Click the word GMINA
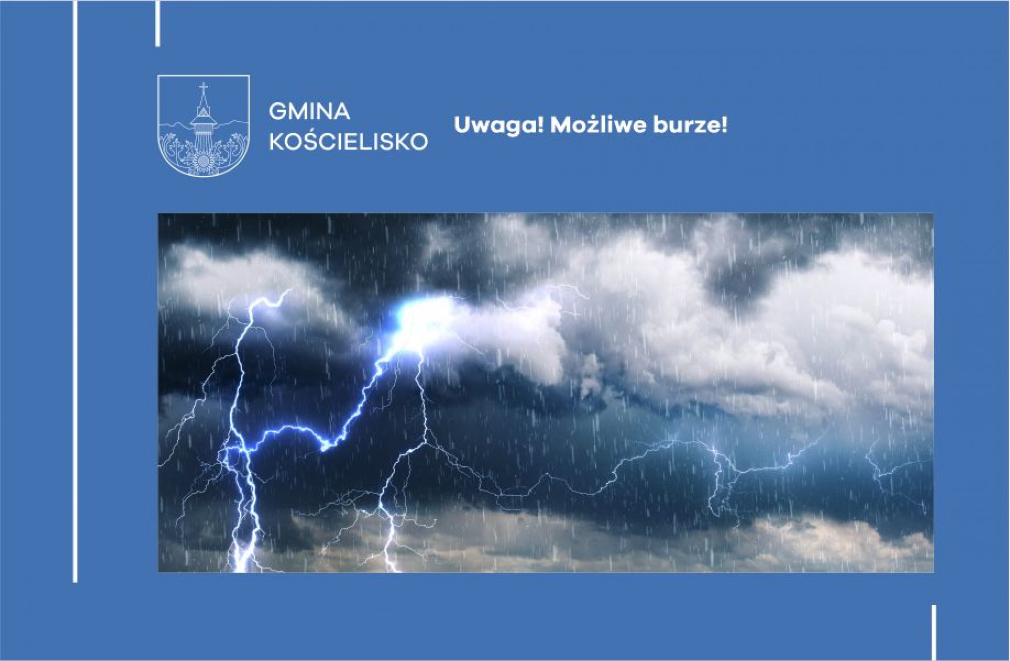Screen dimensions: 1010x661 309,112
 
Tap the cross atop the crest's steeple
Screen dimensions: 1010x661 204,88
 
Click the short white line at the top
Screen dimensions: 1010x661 158,23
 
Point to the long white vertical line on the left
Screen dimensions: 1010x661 75,291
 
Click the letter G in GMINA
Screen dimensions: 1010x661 278,112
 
